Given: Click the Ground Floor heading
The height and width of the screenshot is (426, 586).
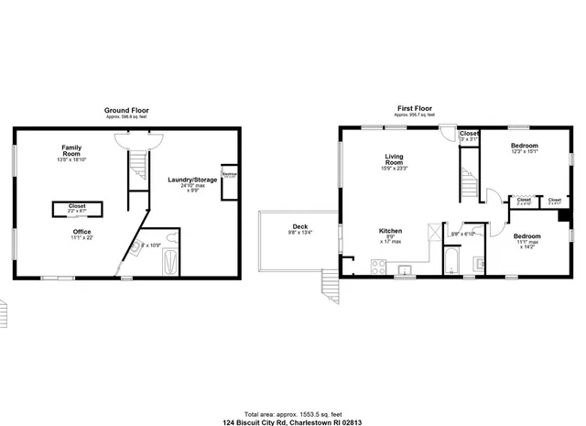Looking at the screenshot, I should click(128, 111).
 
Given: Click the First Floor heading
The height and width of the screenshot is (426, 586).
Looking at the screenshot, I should click(414, 106).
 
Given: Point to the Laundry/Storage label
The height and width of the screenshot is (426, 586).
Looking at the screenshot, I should click(193, 180).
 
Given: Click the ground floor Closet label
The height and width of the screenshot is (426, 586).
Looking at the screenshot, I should click(77, 206).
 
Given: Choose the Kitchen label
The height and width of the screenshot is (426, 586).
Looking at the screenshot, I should click(392, 231).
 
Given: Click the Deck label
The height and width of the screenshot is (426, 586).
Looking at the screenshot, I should click(300, 227).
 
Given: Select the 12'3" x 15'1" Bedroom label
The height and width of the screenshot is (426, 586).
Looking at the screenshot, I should click(524, 146).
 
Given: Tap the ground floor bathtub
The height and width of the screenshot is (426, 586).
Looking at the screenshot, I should click(169, 262).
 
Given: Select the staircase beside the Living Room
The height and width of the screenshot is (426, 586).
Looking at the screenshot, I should click(468, 179).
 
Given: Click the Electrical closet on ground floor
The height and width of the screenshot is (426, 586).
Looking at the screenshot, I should click(230, 174).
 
